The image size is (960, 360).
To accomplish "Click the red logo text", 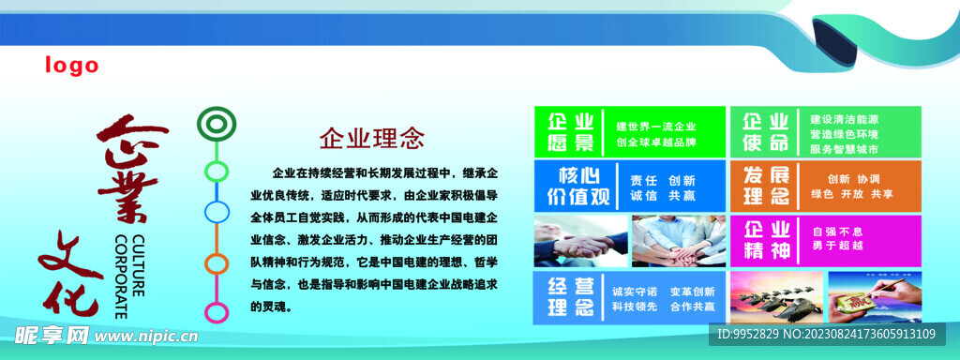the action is pyautogui.click(x=71, y=65).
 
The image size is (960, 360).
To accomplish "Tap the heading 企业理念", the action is pyautogui.click(x=371, y=139).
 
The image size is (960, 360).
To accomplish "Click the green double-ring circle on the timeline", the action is pyautogui.click(x=217, y=123).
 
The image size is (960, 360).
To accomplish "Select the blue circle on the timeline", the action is pyautogui.click(x=217, y=212).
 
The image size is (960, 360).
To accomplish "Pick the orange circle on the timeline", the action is pyautogui.click(x=217, y=263).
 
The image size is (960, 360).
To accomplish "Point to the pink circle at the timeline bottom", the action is pyautogui.click(x=217, y=312).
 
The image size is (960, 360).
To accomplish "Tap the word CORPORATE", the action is pyautogui.click(x=121, y=277).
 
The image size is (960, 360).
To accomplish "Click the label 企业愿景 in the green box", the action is pyautogui.click(x=570, y=132).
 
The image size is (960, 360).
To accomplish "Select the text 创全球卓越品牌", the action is pyautogui.click(x=656, y=142).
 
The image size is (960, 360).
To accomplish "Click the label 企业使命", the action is pyautogui.click(x=765, y=132).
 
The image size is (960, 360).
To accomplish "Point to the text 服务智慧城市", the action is pyautogui.click(x=844, y=149).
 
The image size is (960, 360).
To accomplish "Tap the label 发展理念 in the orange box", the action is pyautogui.click(x=766, y=187).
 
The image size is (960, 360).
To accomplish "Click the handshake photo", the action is pyautogui.click(x=580, y=241).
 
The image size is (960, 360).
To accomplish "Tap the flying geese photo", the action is pyautogui.click(x=777, y=297).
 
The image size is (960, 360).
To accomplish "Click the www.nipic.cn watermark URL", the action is pyautogui.click(x=146, y=337).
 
